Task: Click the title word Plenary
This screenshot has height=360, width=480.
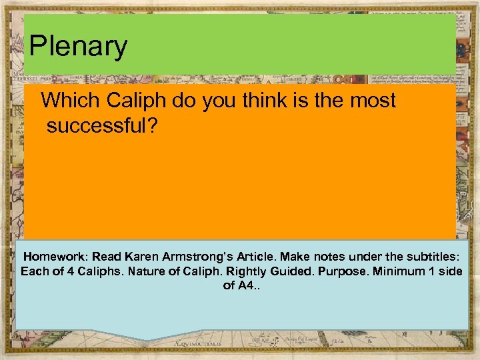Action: pos(78,46)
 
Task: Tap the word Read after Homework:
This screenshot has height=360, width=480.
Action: pos(107,257)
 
